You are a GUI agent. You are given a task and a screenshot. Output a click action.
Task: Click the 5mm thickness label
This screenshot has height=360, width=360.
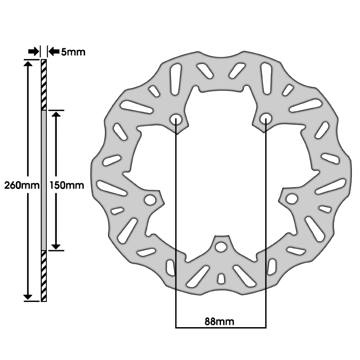tap(73, 52)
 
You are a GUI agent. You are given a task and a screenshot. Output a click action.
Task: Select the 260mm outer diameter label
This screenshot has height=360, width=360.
tap(22, 185)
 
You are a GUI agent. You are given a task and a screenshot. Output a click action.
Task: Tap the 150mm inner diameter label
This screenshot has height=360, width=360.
tap(67, 185)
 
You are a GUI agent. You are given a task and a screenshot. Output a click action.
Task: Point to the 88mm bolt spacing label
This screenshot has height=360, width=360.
tap(219, 322)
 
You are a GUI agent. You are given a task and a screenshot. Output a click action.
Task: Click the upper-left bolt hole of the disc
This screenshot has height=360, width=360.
tap(176, 119)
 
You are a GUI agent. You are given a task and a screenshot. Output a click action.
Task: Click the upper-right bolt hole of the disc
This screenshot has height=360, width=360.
tap(266, 118)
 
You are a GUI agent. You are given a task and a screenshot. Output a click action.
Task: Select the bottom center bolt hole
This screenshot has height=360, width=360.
tap(221, 247)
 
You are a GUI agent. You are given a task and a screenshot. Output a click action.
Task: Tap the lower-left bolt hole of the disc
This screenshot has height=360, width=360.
tap(150, 200)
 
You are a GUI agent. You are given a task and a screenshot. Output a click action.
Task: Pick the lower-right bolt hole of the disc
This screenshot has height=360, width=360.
tap(292, 199)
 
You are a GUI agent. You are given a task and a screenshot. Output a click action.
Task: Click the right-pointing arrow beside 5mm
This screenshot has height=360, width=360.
tap(34, 51)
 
